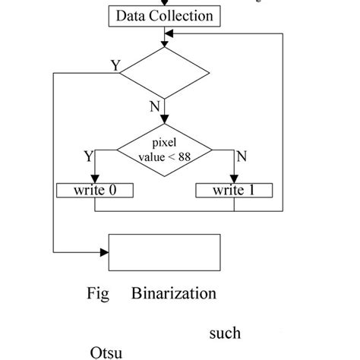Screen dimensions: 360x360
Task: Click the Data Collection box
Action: (164, 15)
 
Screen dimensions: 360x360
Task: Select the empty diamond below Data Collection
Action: (164, 73)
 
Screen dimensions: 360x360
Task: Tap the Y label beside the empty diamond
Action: (115, 66)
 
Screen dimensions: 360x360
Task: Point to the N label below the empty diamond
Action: (155, 106)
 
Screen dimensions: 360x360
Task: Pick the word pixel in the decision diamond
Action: (164, 143)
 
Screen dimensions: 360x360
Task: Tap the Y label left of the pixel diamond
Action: (90, 156)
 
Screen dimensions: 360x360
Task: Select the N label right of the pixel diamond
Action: (242, 156)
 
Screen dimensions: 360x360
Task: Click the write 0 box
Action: (94, 190)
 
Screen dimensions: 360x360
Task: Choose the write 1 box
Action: (234, 190)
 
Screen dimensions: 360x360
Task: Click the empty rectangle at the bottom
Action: (166, 251)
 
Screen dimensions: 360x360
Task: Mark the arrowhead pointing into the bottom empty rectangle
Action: (106, 251)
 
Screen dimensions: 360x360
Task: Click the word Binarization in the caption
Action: (174, 293)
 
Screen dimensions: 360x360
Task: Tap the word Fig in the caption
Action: (98, 293)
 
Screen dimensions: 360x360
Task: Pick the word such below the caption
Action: (224, 333)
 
